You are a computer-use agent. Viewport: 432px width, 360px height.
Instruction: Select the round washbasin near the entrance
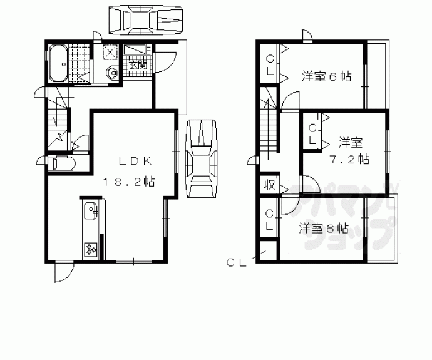click(112, 73)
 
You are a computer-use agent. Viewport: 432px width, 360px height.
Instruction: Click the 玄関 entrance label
click(137, 63)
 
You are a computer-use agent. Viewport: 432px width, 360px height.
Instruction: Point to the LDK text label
click(132, 162)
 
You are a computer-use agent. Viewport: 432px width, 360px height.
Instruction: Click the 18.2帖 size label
click(129, 182)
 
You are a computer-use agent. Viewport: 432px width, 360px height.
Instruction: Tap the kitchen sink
click(89, 210)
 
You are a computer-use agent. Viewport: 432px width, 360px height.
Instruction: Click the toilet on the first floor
click(63, 164)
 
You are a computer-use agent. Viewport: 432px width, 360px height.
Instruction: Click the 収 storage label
click(269, 185)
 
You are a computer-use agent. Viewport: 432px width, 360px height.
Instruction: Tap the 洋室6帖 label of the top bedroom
click(326, 77)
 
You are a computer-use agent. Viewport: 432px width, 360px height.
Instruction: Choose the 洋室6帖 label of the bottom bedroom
click(323, 228)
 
